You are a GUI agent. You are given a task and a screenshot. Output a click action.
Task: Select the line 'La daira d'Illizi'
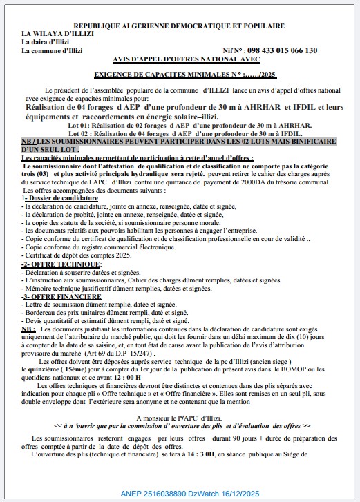coord(49,41)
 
